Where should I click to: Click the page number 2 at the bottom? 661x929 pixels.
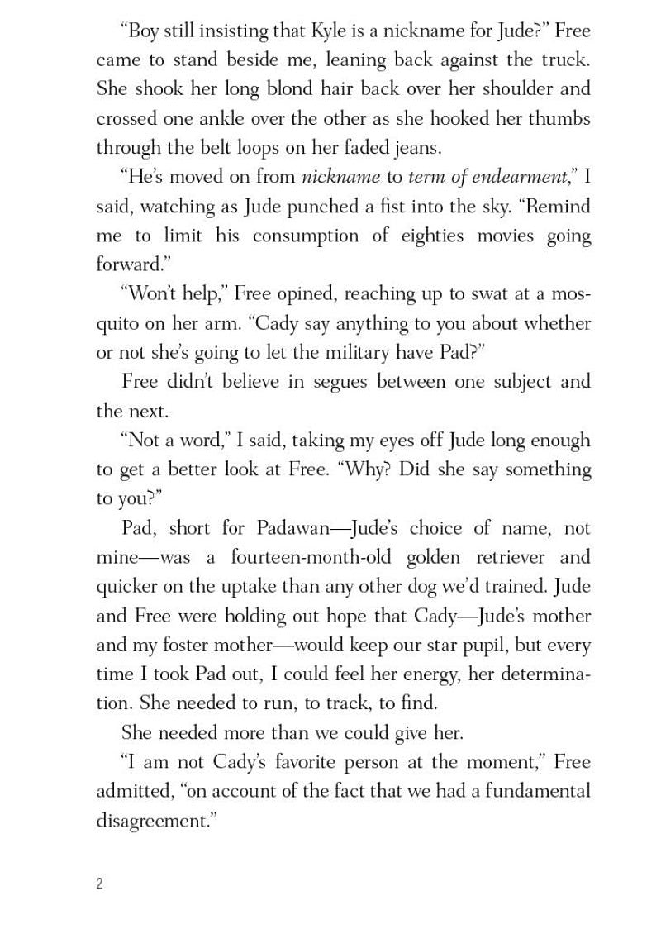(99, 884)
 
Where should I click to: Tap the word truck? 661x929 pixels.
(565, 60)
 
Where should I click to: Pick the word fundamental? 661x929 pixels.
(538, 791)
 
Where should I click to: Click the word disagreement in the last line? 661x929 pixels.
(159, 821)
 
